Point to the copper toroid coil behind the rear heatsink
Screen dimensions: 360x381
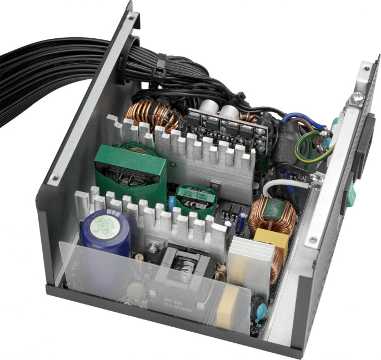click(x=150, y=116)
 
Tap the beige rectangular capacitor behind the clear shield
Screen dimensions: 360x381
click(x=228, y=307)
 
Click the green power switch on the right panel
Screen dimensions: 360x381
click(x=351, y=194)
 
